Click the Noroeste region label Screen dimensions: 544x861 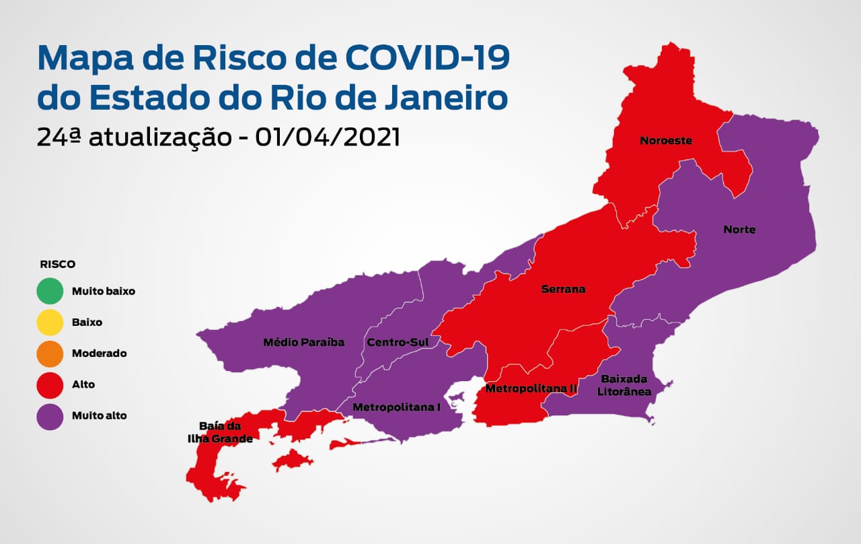666,141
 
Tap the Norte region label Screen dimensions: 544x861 739,230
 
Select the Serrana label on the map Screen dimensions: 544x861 563,290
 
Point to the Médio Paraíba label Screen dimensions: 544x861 303,342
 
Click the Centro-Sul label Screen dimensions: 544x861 398,342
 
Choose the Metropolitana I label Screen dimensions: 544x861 396,407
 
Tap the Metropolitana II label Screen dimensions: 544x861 531,388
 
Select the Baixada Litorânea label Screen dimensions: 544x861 626,384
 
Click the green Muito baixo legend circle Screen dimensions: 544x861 50,292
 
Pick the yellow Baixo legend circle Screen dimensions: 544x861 50,322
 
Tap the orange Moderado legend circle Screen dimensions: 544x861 50,353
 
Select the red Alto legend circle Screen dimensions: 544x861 50,384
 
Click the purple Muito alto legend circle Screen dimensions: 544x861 50,415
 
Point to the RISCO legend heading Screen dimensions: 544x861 58,264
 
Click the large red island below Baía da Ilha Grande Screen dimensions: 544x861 293,461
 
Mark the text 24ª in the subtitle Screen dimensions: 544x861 59,137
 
